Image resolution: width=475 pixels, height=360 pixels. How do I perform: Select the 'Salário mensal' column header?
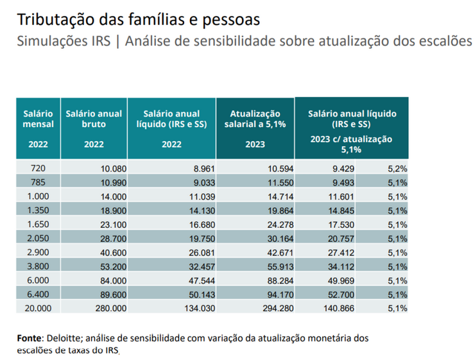pyautogui.click(x=38, y=119)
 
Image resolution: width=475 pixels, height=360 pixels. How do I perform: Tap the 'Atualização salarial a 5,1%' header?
pyautogui.click(x=255, y=119)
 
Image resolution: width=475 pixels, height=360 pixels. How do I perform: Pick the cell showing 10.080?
pyautogui.click(x=114, y=169)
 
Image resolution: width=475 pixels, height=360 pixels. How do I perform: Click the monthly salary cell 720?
pyautogui.click(x=38, y=169)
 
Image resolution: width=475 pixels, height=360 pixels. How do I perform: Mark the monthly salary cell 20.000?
pyautogui.click(x=38, y=308)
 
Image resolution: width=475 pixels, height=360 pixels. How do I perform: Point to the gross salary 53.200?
pyautogui.click(x=114, y=266)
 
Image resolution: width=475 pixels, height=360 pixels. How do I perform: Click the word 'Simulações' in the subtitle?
pyautogui.click(x=47, y=42)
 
